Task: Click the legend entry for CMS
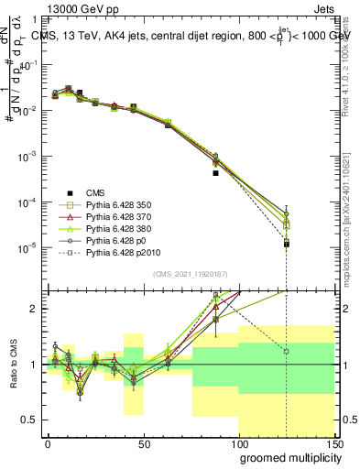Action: tap(95, 192)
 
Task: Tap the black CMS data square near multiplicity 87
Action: tap(215, 172)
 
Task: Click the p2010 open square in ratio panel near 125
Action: tap(287, 351)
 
